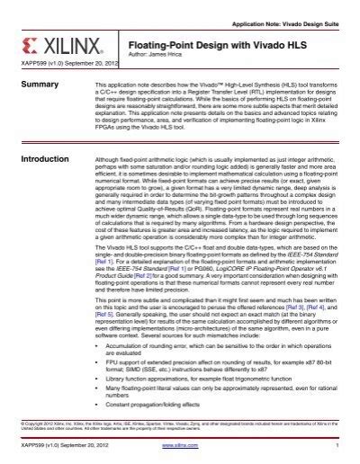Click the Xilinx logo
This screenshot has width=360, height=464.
click(x=47, y=44)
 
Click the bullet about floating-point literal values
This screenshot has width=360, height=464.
click(x=216, y=395)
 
